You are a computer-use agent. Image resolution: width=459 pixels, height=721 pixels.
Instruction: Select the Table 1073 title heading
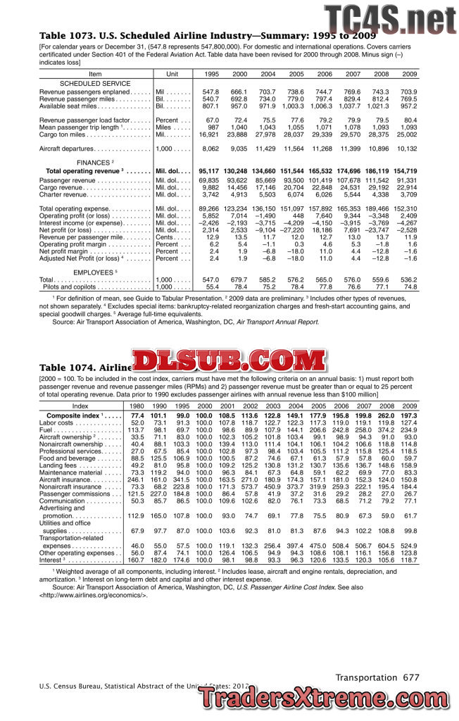point(197,35)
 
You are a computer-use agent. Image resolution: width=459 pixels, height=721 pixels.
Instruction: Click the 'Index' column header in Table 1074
point(81,406)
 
